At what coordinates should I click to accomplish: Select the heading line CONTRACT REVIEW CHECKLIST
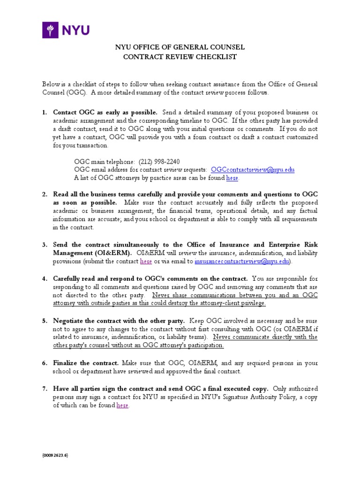[x=180, y=57]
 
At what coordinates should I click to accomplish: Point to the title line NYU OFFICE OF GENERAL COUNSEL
[x=180, y=48]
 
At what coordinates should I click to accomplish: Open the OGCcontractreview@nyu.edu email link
[x=253, y=169]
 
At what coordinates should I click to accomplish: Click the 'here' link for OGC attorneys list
[x=232, y=178]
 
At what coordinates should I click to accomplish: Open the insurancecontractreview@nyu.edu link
[x=242, y=261]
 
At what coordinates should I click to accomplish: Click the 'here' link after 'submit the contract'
[x=146, y=261]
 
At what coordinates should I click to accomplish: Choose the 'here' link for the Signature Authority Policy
[x=122, y=405]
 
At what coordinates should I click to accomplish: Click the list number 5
[x=45, y=321]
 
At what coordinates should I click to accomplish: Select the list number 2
[x=45, y=194]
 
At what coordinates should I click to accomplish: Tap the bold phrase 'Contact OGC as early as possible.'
[x=105, y=112]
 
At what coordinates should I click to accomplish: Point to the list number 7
[x=45, y=389]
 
